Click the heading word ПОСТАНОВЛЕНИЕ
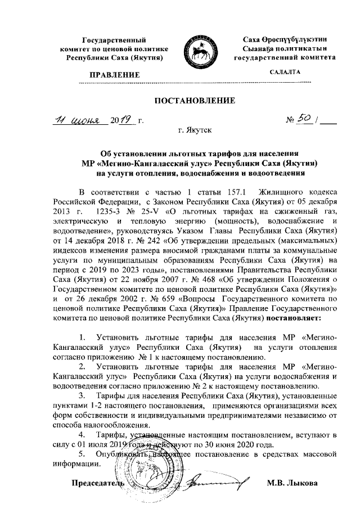pos(194,101)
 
